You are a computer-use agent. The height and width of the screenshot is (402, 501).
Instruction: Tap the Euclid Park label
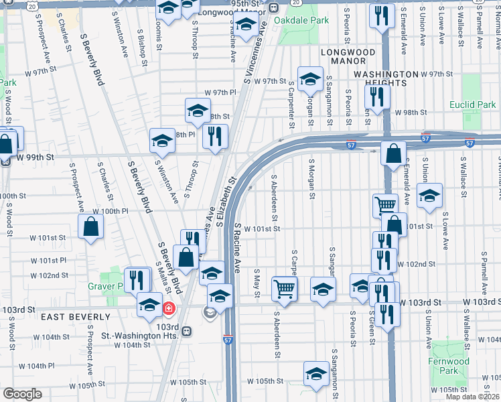click(x=473, y=105)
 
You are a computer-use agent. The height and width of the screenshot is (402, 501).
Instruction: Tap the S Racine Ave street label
click(x=237, y=248)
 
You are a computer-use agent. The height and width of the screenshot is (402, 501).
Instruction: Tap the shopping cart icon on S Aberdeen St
click(x=285, y=289)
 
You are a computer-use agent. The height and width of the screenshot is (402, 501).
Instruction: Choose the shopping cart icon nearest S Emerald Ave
click(x=385, y=204)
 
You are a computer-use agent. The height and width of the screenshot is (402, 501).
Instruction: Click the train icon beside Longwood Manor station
click(x=274, y=8)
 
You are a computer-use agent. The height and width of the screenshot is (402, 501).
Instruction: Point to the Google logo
click(x=22, y=394)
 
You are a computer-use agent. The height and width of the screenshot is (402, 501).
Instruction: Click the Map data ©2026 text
click(x=472, y=397)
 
